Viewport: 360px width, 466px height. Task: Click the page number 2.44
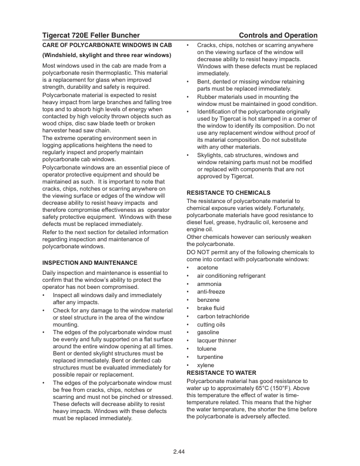tap(179, 451)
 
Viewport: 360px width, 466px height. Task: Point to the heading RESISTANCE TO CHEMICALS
tap(228, 192)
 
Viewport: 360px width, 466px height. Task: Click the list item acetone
tap(207, 268)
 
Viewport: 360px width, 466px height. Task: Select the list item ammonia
tap(209, 284)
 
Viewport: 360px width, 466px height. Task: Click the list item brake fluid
tap(211, 308)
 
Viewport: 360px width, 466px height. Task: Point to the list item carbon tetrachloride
tap(223, 316)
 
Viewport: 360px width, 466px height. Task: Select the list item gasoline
tap(208, 332)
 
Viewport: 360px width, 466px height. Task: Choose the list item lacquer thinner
tap(216, 341)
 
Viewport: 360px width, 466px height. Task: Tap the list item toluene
tap(207, 349)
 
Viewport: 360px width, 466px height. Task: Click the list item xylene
tap(206, 365)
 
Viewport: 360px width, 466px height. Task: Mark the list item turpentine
tap(210, 357)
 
